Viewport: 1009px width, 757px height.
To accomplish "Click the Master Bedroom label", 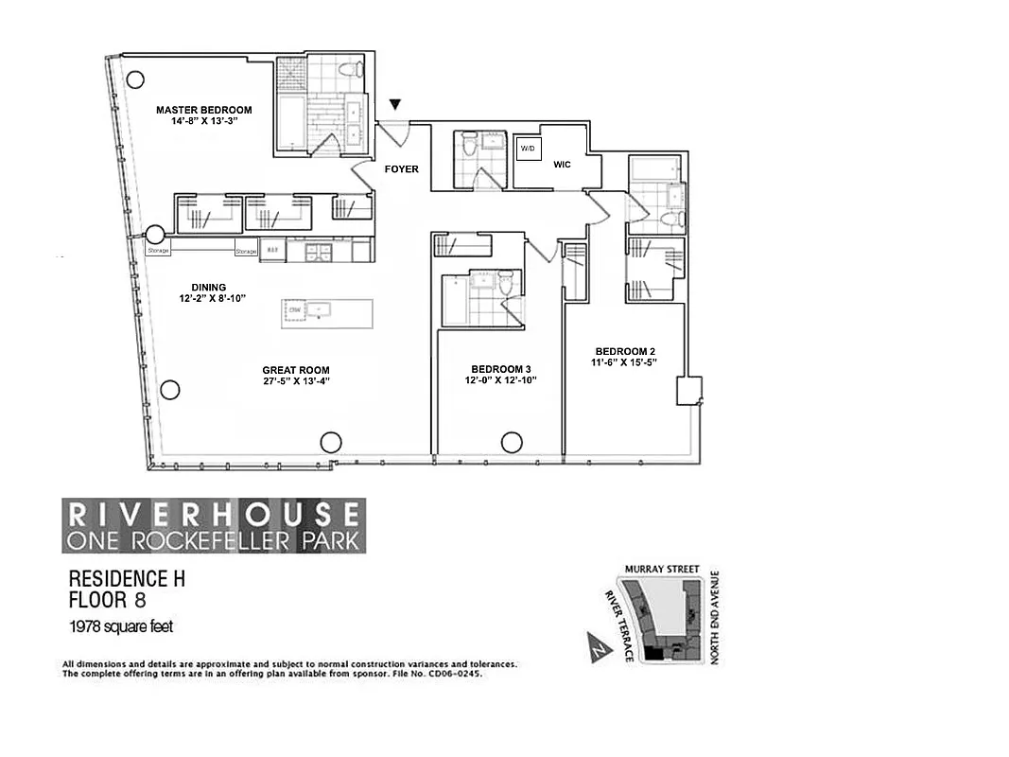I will pos(203,110).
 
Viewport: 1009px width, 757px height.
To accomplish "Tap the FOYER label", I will pos(401,170).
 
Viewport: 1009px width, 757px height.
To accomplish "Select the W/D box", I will pos(526,149).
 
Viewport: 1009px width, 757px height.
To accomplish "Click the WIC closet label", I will pos(562,164).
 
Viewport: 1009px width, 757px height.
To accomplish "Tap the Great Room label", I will pos(296,370).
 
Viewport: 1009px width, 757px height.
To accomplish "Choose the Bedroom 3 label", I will pos(501,369).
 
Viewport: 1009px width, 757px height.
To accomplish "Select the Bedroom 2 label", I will pos(620,351).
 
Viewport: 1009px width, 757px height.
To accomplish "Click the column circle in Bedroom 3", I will pos(512,442).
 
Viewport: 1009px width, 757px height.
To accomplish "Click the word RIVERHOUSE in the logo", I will pos(213,514).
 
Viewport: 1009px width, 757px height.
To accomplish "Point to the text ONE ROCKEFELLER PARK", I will pos(211,540).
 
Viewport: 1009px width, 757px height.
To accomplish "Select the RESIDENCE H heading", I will pos(127,578).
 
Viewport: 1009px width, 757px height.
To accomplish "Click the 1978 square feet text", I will pos(120,626).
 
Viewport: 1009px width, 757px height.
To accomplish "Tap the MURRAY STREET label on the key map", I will pos(662,570).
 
